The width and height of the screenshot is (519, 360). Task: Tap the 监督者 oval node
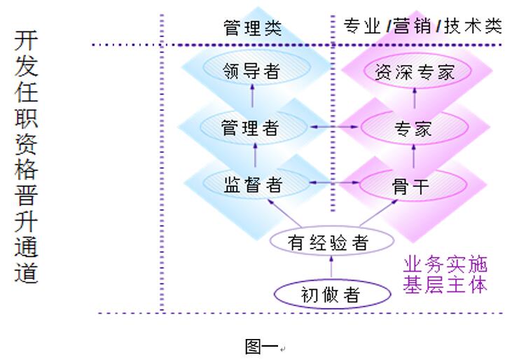click(x=254, y=184)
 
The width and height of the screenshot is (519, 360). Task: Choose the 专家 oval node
click(x=413, y=128)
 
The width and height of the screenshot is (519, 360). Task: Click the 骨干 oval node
click(x=413, y=185)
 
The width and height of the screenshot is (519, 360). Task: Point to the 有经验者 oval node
click(x=329, y=242)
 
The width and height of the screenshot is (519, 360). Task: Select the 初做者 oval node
click(x=333, y=294)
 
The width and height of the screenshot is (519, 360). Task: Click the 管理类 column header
click(x=253, y=27)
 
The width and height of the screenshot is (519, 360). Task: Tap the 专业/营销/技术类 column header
click(x=423, y=27)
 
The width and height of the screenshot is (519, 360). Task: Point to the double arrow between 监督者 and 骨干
click(x=334, y=183)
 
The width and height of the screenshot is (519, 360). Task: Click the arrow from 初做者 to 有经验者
click(x=332, y=267)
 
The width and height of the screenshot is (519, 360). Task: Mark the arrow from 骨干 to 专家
click(x=414, y=153)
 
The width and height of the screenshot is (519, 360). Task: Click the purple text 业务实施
click(x=445, y=265)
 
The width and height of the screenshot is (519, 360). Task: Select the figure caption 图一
click(x=261, y=345)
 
